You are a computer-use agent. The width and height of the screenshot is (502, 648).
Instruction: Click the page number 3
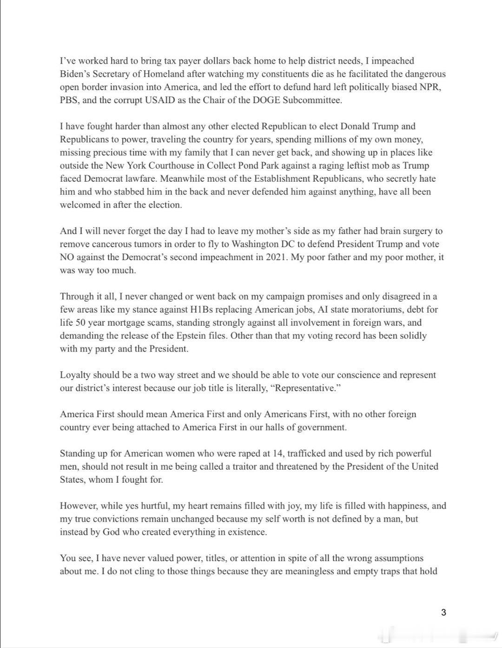pos(443,612)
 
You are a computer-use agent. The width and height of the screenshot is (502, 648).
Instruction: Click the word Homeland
pos(165,74)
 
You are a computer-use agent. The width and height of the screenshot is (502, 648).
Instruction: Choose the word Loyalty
pos(75,375)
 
